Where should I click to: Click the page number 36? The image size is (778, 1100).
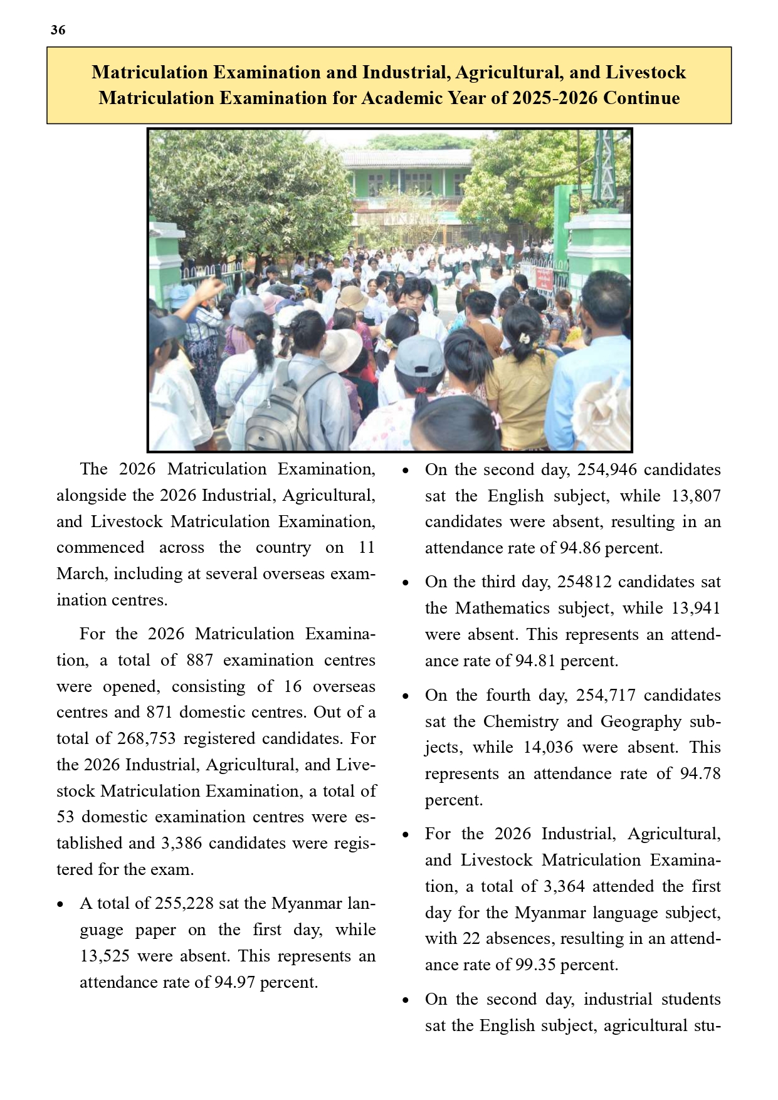click(x=58, y=30)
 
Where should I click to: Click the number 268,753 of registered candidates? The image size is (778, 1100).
click(x=146, y=738)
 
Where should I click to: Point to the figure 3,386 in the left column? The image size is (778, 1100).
click(x=181, y=843)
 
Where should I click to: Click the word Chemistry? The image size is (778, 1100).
click(x=520, y=721)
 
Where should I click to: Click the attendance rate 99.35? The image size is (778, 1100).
click(x=535, y=965)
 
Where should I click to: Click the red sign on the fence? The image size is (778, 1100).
click(x=543, y=279)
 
